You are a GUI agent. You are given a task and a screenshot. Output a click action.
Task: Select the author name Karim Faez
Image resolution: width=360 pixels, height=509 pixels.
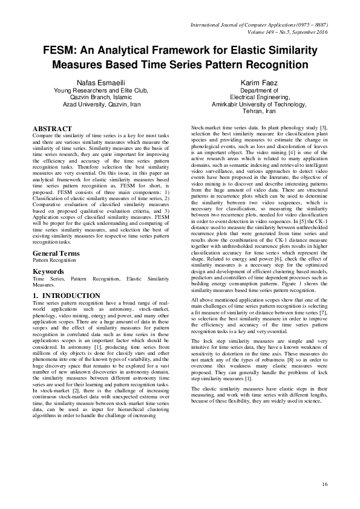[x=258, y=82]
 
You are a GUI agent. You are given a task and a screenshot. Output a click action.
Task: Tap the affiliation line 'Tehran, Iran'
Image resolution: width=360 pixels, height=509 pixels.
[x=258, y=112]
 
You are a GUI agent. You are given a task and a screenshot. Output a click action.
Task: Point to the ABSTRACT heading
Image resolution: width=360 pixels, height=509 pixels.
[x=52, y=129]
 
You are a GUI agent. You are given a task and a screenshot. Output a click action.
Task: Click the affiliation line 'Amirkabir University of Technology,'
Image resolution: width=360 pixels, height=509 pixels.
[x=258, y=105]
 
